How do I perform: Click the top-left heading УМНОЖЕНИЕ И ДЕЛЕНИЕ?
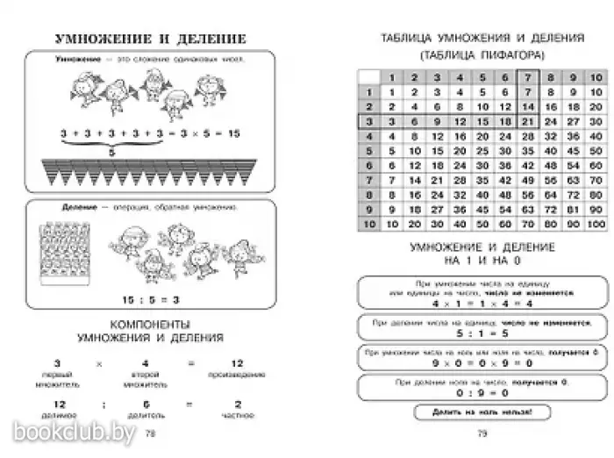(x=150, y=39)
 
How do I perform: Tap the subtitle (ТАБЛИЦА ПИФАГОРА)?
(x=481, y=54)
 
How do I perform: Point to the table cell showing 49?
(x=527, y=180)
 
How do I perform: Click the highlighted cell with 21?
(x=527, y=121)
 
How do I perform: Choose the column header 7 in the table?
(x=527, y=77)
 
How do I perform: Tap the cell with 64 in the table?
(x=550, y=195)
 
